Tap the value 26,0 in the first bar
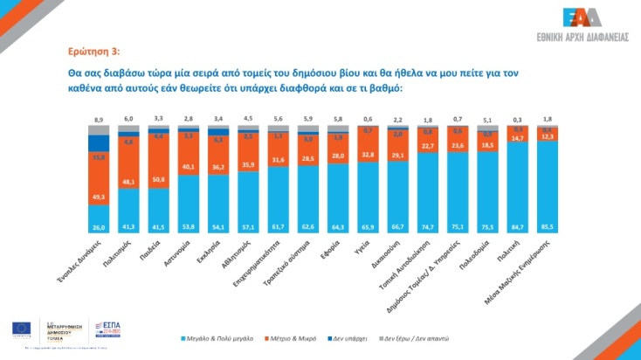pos(99,226)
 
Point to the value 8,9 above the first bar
pos(99,118)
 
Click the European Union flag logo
pos(20,329)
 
